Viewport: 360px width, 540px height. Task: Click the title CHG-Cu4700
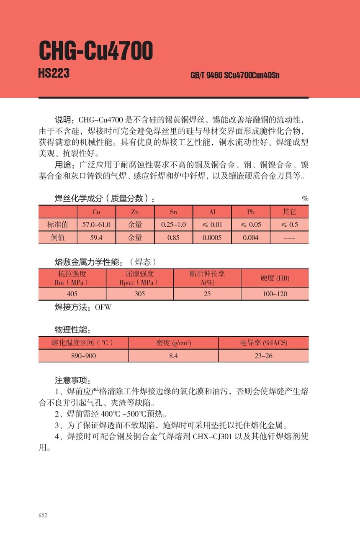(95, 51)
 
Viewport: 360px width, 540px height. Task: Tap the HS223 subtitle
(54, 74)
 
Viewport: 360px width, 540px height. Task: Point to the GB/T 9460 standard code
(235, 76)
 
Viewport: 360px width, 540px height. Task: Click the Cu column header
(96, 212)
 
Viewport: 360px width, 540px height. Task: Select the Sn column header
(173, 212)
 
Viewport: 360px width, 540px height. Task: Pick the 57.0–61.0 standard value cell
(96, 225)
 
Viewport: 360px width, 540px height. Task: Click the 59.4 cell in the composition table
(96, 238)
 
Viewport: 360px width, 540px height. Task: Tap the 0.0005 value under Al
(212, 238)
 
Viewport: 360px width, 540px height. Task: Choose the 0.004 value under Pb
(251, 238)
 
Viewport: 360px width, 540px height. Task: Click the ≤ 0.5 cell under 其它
(289, 225)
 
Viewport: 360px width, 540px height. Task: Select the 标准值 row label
(58, 225)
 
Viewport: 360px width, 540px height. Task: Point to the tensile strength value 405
(72, 294)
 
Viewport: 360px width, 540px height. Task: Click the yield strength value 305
(140, 294)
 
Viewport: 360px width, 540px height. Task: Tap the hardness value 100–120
(275, 294)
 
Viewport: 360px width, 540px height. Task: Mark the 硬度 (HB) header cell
(275, 278)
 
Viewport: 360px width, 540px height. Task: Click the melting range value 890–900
(83, 356)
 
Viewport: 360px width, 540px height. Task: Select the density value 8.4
(173, 356)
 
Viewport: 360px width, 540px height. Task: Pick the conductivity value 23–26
(263, 356)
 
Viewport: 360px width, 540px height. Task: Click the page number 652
(43, 515)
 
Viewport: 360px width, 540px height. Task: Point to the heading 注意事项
(72, 381)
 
